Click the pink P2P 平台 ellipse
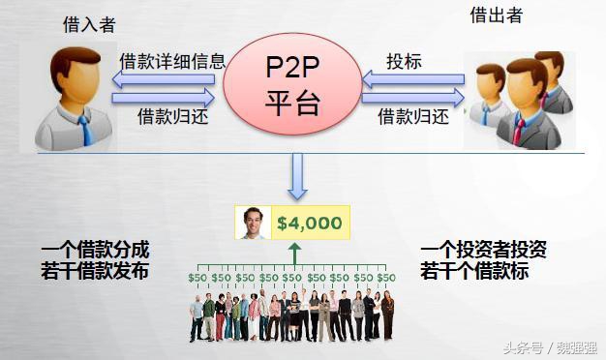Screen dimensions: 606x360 click(x=292, y=81)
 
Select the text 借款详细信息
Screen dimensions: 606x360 click(x=172, y=61)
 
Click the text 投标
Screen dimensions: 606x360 click(x=404, y=61)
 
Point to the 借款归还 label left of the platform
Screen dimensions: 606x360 click(x=172, y=116)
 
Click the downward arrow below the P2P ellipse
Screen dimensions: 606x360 click(x=298, y=177)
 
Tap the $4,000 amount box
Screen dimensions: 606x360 click(x=309, y=224)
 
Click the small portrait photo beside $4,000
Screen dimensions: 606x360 click(x=253, y=224)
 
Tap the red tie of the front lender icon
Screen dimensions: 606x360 click(x=520, y=129)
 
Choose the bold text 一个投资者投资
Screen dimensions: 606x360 click(x=484, y=249)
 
